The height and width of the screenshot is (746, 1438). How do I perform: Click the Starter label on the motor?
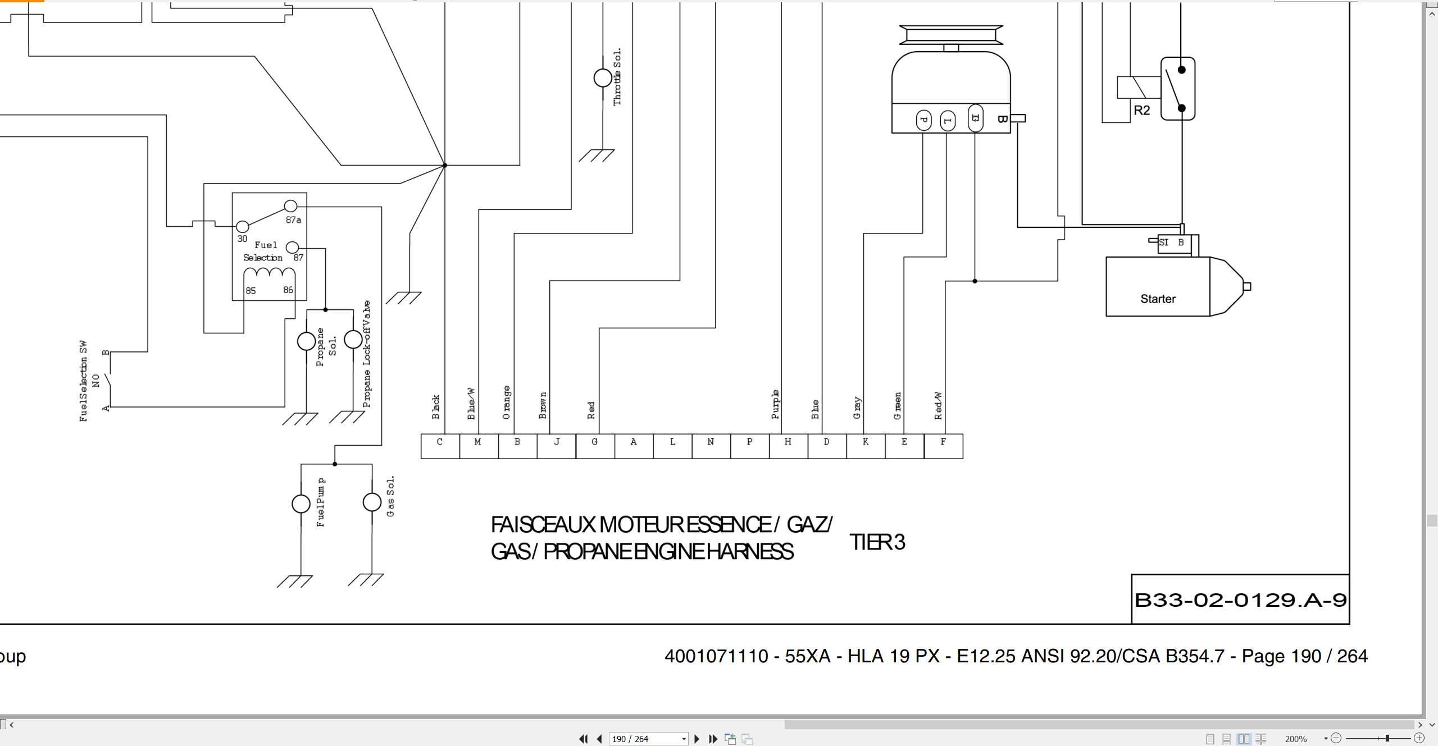[1158, 299]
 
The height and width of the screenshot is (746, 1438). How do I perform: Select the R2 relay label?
[1141, 110]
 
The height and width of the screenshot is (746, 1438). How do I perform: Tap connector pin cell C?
[440, 446]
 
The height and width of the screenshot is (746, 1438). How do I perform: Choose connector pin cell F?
[943, 446]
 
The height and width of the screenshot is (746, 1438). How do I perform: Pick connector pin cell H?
[788, 446]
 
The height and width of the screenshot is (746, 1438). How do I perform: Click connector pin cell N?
[711, 446]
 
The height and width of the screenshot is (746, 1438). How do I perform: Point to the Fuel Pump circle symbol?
[301, 504]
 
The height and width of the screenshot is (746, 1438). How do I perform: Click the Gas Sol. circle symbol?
[372, 502]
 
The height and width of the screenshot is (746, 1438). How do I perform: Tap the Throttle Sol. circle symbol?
[603, 78]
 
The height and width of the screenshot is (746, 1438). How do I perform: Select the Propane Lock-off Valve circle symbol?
[353, 339]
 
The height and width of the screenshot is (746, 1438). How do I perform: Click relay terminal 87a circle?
[290, 206]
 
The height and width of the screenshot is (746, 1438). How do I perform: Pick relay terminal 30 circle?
[242, 226]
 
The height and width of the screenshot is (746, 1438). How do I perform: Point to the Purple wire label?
[775, 404]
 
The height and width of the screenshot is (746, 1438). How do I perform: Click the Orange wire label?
[506, 402]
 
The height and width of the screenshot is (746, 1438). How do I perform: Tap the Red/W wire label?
[938, 406]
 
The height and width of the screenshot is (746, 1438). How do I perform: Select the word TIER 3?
[877, 542]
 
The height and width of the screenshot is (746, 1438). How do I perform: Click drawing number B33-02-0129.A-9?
[1240, 600]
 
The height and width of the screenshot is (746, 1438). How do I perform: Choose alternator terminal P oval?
[923, 120]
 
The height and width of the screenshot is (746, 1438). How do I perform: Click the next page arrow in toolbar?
[697, 739]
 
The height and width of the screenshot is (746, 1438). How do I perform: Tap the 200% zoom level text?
[1296, 739]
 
